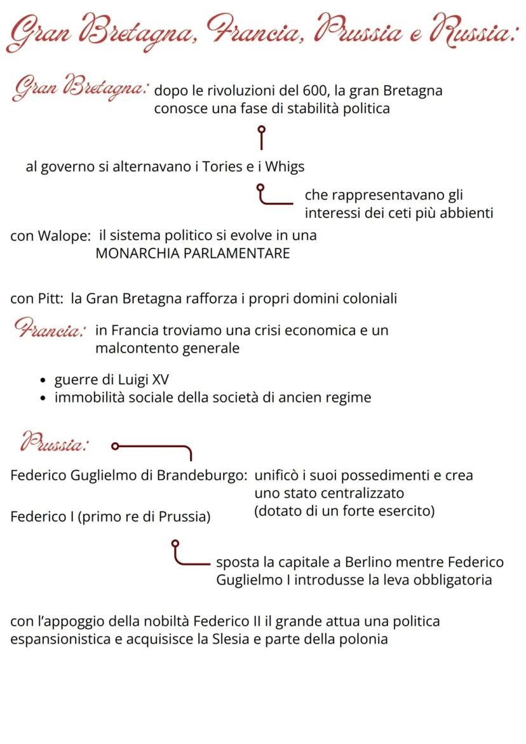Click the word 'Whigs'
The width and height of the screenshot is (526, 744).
[284, 167]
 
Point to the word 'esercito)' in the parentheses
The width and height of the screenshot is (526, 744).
[407, 511]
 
